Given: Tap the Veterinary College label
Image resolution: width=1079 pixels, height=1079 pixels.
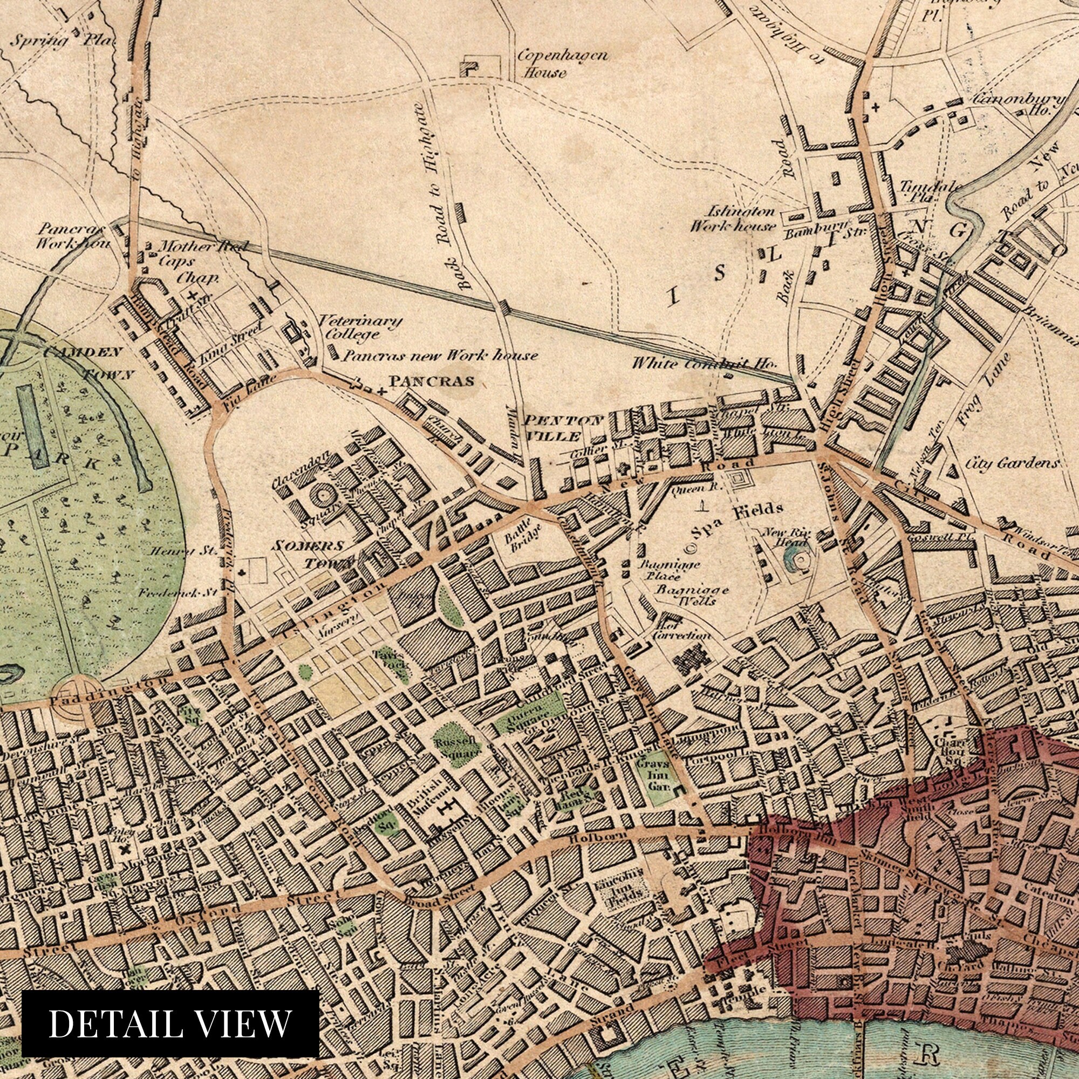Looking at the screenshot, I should pos(360,328).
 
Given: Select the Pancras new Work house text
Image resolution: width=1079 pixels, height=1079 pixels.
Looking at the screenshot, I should pos(440,355).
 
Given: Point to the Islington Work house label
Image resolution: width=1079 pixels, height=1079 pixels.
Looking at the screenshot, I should pos(732,218).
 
